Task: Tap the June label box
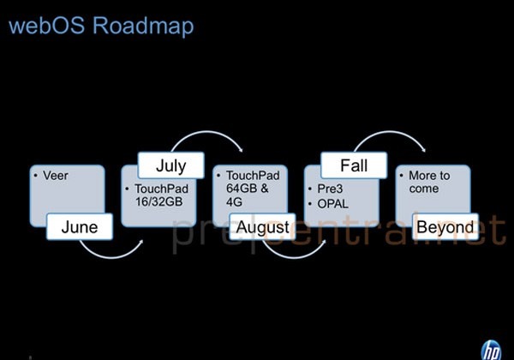point(78,227)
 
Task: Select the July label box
point(170,163)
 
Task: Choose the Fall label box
point(355,163)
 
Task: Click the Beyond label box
point(445,227)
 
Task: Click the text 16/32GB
point(158,202)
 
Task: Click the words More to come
point(428,182)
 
